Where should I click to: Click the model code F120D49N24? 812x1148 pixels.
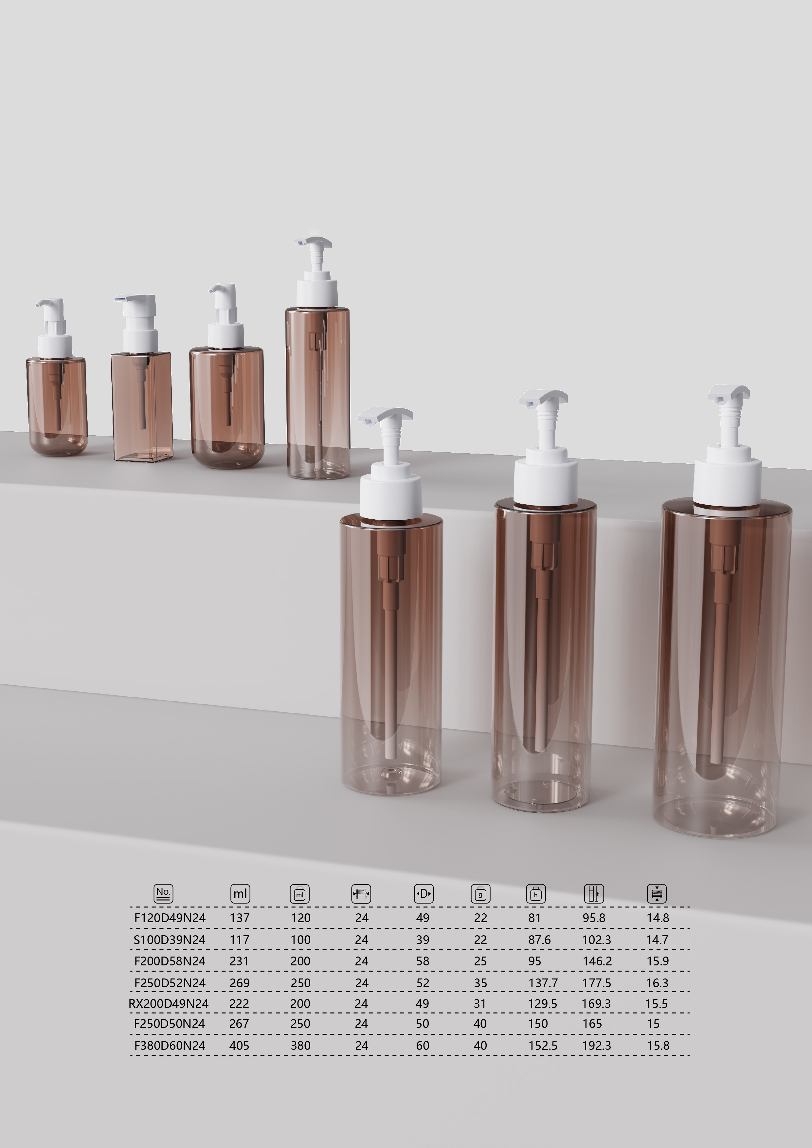coord(170,918)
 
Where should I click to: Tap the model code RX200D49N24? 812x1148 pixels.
coord(169,1003)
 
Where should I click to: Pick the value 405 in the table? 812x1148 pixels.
coord(239,1046)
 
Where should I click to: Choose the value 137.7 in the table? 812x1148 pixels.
coord(543,983)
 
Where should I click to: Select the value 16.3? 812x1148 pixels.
coord(657,983)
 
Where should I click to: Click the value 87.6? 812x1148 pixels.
coord(539,940)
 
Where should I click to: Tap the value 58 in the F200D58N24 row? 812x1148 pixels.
coord(423,961)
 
